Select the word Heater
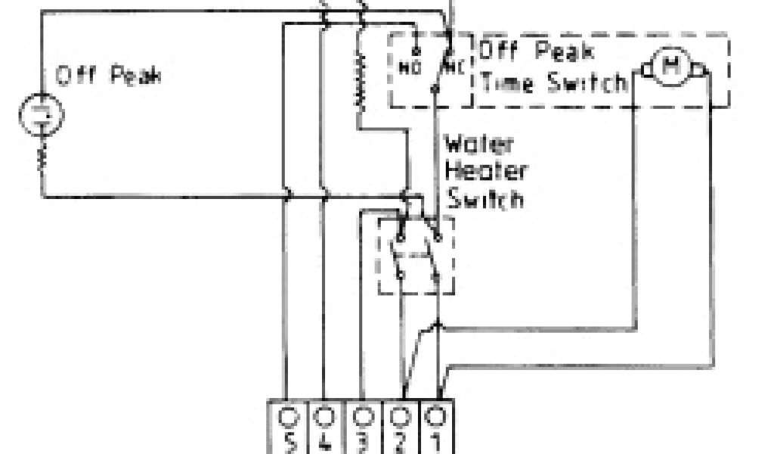[x=485, y=171]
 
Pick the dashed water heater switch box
[x=416, y=255]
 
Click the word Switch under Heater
[x=485, y=198]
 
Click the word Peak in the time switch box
[x=565, y=51]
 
